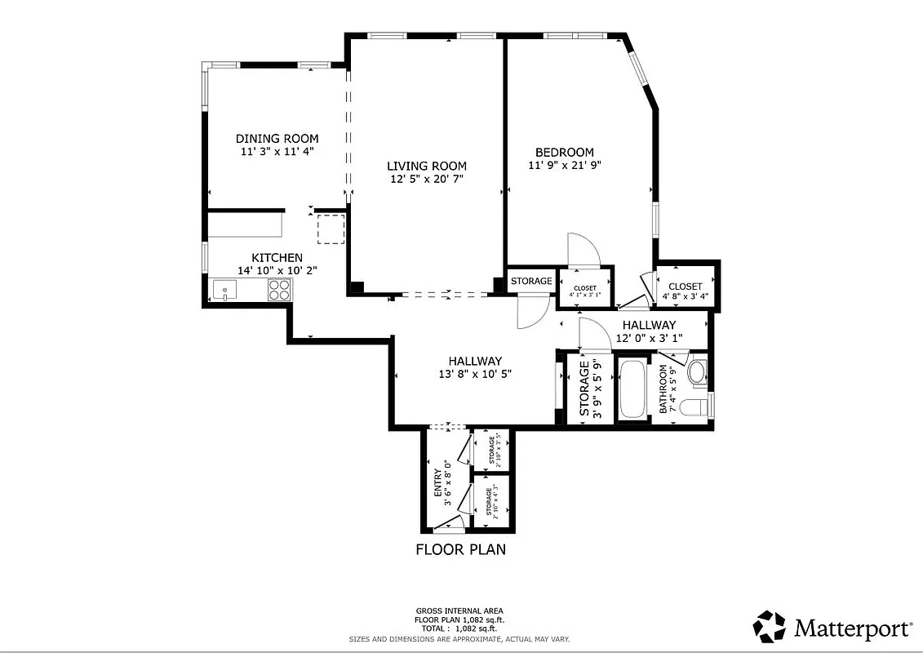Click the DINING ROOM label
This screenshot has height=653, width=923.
click(277, 139)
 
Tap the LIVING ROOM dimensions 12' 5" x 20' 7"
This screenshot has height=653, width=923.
click(427, 179)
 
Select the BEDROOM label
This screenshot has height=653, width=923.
click(564, 153)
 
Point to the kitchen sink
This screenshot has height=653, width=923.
click(224, 289)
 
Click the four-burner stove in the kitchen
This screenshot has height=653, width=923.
click(279, 289)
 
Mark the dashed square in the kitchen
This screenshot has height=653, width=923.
click(331, 229)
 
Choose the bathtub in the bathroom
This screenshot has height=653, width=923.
click(633, 389)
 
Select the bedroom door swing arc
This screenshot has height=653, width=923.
click(584, 249)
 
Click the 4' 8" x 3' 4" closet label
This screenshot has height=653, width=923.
click(685, 291)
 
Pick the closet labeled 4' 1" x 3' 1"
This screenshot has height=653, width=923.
click(584, 291)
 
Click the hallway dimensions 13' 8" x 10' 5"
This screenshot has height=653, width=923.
click(475, 375)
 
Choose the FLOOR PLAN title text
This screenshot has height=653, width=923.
click(460, 549)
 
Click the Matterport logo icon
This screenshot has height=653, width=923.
click(769, 627)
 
